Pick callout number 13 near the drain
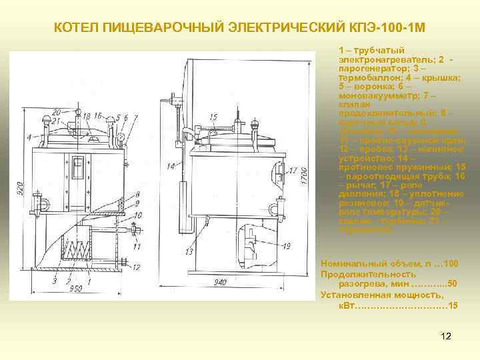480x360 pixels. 189,252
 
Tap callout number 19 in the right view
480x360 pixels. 287,246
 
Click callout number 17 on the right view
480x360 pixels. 293,171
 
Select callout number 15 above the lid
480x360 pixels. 213,117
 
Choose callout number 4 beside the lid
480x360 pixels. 29,137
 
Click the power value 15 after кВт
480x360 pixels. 453,305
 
